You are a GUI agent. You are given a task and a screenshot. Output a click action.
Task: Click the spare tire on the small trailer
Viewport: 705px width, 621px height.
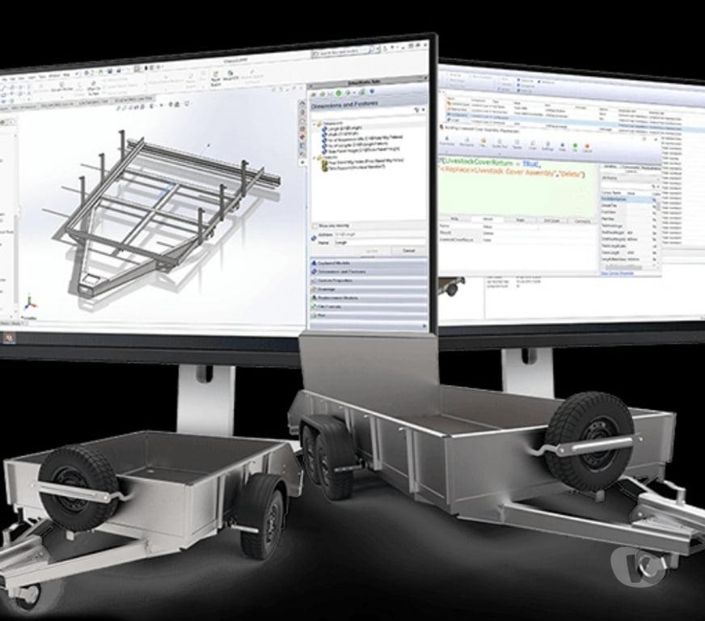click(78, 483)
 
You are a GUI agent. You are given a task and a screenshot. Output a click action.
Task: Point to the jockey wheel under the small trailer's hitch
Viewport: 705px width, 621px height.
click(24, 594)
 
